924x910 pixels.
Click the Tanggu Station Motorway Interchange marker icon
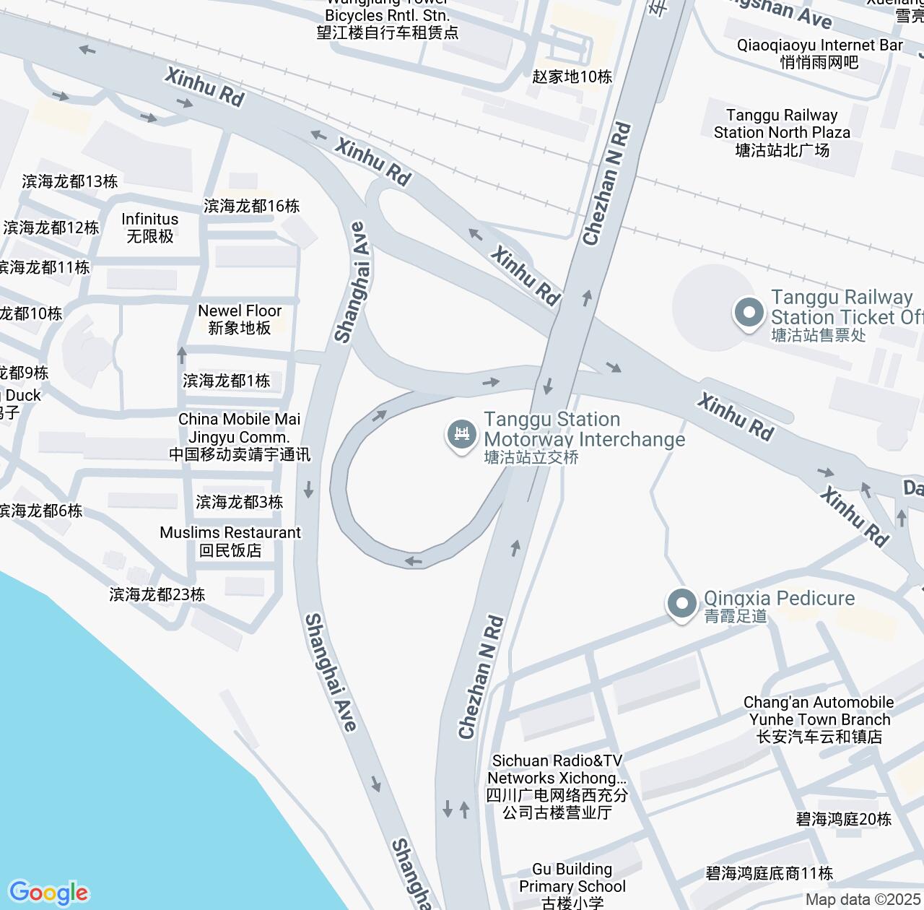pos(462,434)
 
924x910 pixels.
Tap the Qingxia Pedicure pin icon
pos(681,603)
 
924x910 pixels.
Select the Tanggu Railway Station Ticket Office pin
pos(749,313)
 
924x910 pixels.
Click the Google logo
pos(48,893)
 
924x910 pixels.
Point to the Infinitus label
pos(150,227)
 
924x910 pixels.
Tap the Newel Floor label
pos(240,319)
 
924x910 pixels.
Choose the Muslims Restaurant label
pos(230,541)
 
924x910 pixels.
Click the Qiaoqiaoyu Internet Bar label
pos(819,53)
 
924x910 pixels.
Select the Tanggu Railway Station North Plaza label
pos(782,132)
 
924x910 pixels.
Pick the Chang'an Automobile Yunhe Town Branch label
pos(819,719)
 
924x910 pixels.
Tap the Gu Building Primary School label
pos(572,885)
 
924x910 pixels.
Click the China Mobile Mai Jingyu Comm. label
pos(239,436)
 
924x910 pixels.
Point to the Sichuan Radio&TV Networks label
pos(557,786)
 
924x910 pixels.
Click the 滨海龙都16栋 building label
pos(251,206)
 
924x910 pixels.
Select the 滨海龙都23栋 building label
pos(157,594)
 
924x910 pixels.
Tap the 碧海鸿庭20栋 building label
pos(843,819)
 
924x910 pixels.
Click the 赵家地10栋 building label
pos(572,77)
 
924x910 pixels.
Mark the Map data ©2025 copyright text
pos(863,900)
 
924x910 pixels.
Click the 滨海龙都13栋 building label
pos(70,181)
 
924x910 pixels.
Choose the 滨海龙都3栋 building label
pos(239,502)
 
